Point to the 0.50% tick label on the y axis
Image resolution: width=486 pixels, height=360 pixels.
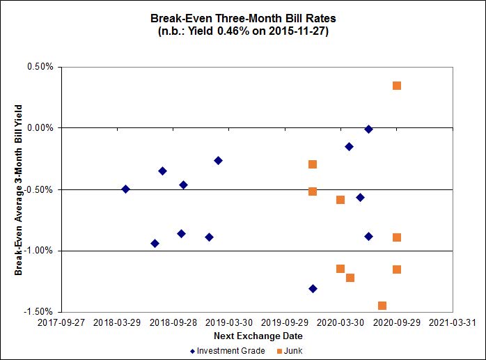(40, 68)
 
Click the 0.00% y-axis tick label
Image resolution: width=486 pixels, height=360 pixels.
(40, 128)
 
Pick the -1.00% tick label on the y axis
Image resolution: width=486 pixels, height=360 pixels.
(40, 251)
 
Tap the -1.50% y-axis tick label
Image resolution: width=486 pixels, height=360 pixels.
(40, 312)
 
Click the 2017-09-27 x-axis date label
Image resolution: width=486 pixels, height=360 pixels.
(61, 322)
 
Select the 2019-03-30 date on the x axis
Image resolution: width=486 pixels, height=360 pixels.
(229, 322)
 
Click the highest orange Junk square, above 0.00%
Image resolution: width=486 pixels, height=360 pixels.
(397, 86)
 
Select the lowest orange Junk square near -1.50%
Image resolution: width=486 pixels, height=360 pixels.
(382, 306)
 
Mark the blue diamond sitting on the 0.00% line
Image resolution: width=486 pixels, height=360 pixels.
(368, 129)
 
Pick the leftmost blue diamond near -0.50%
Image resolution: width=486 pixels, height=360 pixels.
(125, 189)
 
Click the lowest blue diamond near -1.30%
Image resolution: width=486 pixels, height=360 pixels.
(313, 288)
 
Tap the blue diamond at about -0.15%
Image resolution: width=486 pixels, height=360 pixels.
(349, 146)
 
